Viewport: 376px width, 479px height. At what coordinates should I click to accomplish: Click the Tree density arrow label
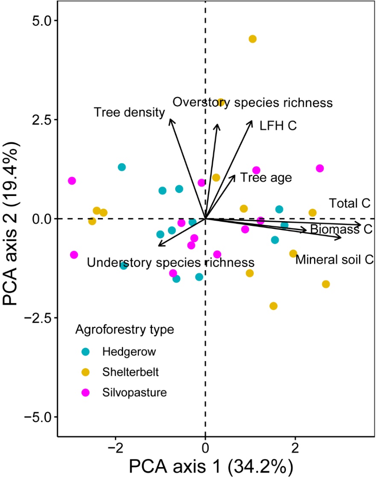(129, 113)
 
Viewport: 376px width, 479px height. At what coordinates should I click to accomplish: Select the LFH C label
(278, 126)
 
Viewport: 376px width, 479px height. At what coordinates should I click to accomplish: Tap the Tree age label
(266, 177)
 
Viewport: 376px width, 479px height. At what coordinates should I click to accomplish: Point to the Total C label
(349, 204)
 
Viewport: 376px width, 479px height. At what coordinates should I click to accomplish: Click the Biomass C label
(341, 229)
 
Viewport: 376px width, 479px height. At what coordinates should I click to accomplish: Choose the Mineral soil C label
(335, 259)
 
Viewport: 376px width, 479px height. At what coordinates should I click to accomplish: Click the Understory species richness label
(170, 262)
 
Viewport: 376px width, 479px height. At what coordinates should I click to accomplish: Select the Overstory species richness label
(252, 102)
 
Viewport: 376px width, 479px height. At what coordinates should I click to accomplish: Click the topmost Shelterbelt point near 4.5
(253, 39)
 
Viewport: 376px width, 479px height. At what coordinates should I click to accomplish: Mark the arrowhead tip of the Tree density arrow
(170, 119)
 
